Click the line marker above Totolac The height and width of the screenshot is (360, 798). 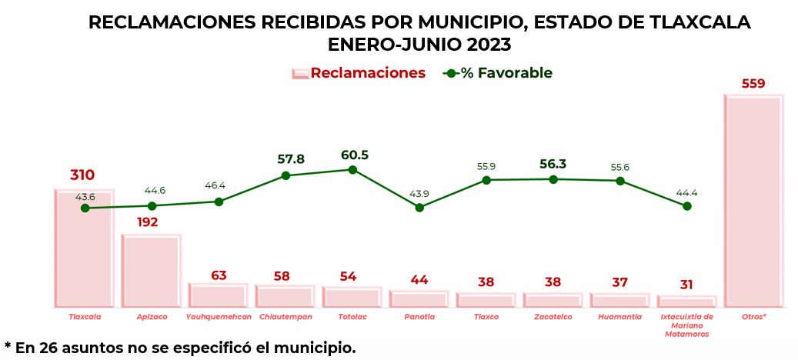tap(352, 169)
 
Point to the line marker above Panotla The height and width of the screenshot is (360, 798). tap(419, 207)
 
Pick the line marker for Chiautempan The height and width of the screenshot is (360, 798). tap(285, 175)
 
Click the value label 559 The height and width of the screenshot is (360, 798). tap(753, 84)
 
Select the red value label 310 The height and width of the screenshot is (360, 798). tap(82, 175)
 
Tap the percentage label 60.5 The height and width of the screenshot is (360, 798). tap(355, 155)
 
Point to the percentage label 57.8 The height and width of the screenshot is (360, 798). tap(291, 159)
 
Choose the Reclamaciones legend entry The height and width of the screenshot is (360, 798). tap(359, 73)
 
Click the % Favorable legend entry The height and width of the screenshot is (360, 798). tap(498, 73)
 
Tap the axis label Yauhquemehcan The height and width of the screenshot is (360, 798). tap(219, 316)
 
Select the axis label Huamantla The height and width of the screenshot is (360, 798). tap(619, 316)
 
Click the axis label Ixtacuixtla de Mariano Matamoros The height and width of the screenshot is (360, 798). tap(687, 325)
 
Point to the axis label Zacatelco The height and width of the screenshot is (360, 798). tap(553, 316)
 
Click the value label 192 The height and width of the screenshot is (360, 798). tap(148, 222)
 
